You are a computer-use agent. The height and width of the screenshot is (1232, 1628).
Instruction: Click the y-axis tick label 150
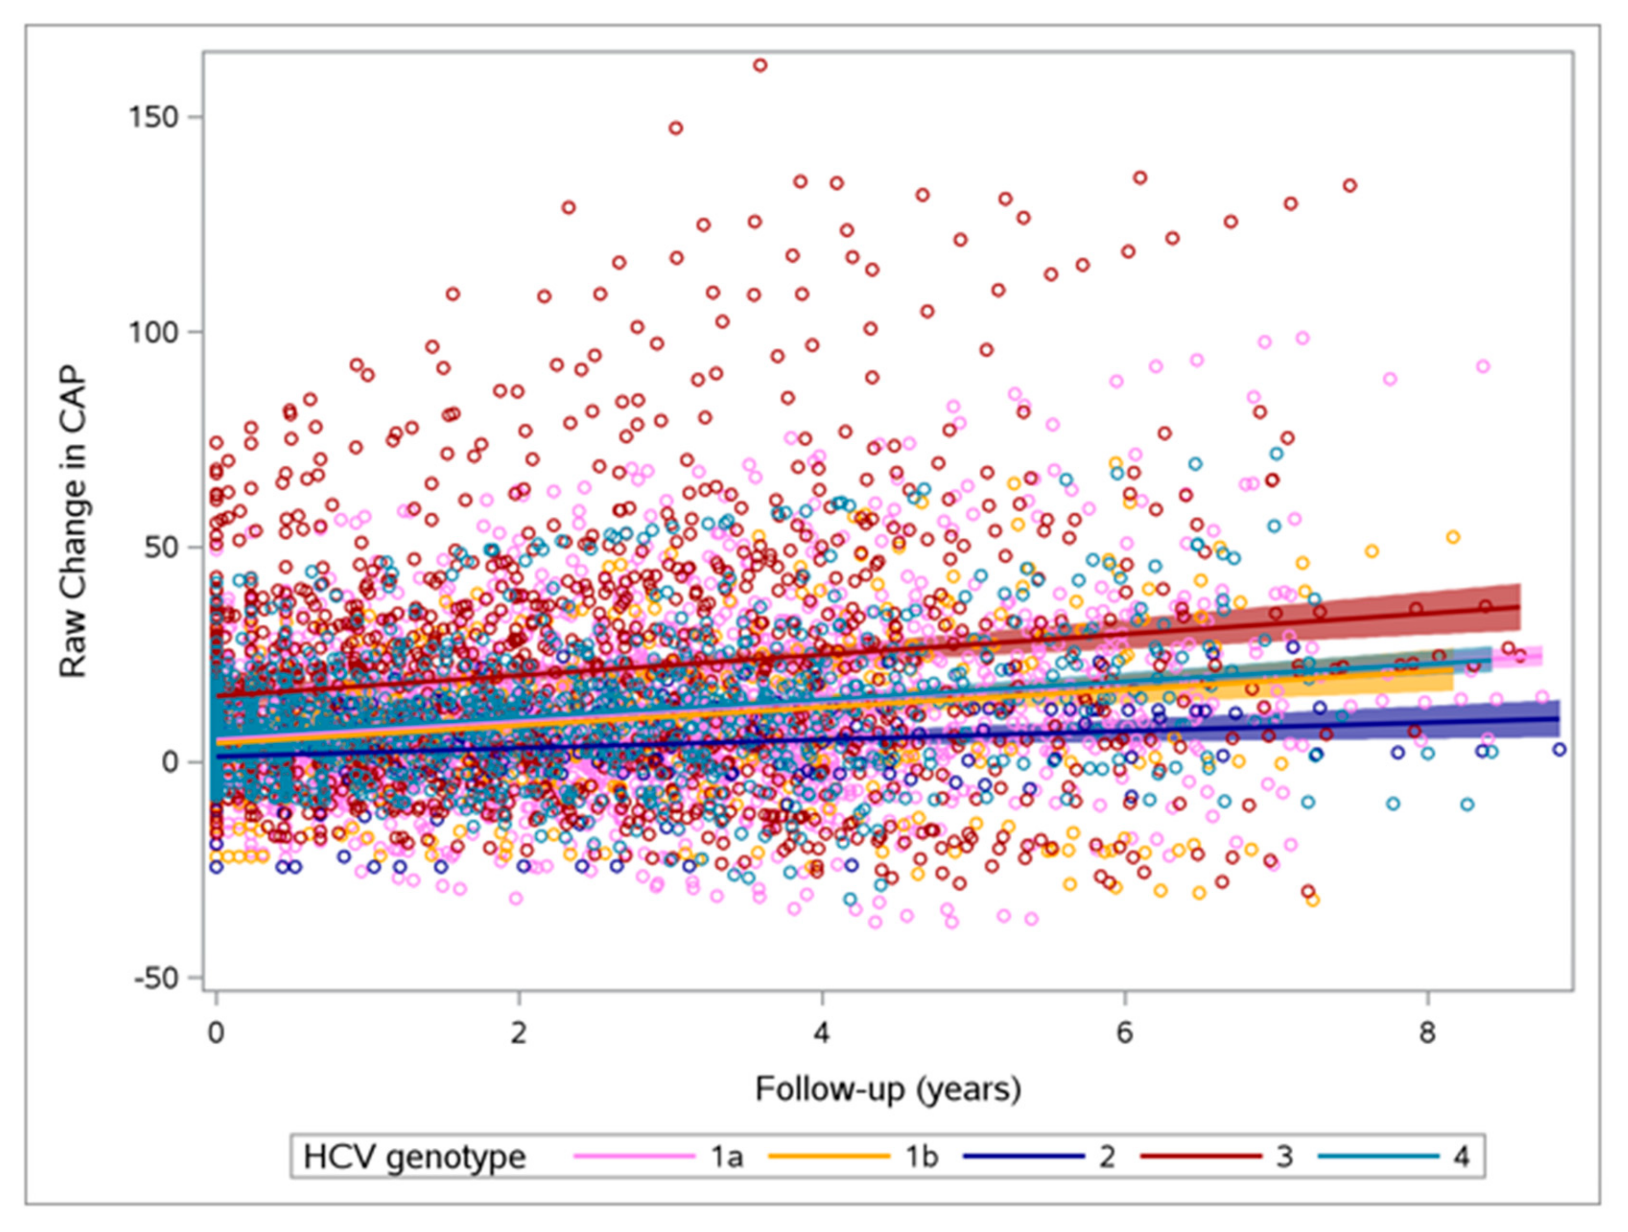click(x=154, y=118)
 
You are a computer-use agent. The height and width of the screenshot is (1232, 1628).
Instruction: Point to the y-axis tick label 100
click(x=154, y=332)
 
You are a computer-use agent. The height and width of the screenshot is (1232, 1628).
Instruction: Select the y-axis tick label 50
click(x=163, y=547)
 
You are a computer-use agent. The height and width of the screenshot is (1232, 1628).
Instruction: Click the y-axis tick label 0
click(x=171, y=762)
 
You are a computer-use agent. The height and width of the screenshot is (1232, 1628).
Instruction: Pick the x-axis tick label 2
click(x=520, y=1035)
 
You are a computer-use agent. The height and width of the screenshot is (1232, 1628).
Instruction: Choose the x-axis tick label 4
click(x=822, y=1035)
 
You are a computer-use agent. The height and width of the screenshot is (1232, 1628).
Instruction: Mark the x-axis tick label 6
click(x=1125, y=1035)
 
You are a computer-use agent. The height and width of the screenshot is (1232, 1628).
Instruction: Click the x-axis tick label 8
click(x=1427, y=1035)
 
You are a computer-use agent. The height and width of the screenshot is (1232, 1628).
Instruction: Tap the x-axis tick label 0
click(x=216, y=1035)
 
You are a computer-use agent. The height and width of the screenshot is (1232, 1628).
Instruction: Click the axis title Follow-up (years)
click(x=888, y=1089)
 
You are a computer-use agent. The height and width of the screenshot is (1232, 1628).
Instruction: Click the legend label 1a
click(x=727, y=1157)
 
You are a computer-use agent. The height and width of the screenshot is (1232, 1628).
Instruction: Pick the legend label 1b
click(x=921, y=1157)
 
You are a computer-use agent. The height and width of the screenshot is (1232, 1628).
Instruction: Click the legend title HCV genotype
click(x=415, y=1157)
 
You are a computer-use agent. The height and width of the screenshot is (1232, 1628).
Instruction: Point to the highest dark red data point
click(x=760, y=65)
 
